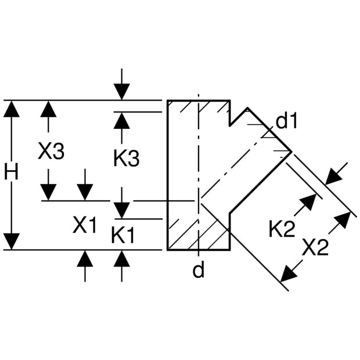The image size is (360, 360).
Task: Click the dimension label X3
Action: (51, 152)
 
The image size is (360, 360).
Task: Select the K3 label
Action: (126, 158)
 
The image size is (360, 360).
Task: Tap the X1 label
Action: (85, 225)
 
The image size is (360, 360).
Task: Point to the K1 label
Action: (123, 235)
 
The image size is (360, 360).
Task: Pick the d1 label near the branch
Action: (286, 121)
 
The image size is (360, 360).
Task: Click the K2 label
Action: (282, 229)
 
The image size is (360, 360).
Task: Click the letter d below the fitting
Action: (199, 270)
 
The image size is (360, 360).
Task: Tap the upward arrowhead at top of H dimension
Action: (12, 109)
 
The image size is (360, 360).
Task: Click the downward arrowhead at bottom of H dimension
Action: (12, 242)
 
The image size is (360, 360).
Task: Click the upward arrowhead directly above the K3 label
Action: (121, 120)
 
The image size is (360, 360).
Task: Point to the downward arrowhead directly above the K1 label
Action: (121, 210)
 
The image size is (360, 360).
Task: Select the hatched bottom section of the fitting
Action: (200, 232)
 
